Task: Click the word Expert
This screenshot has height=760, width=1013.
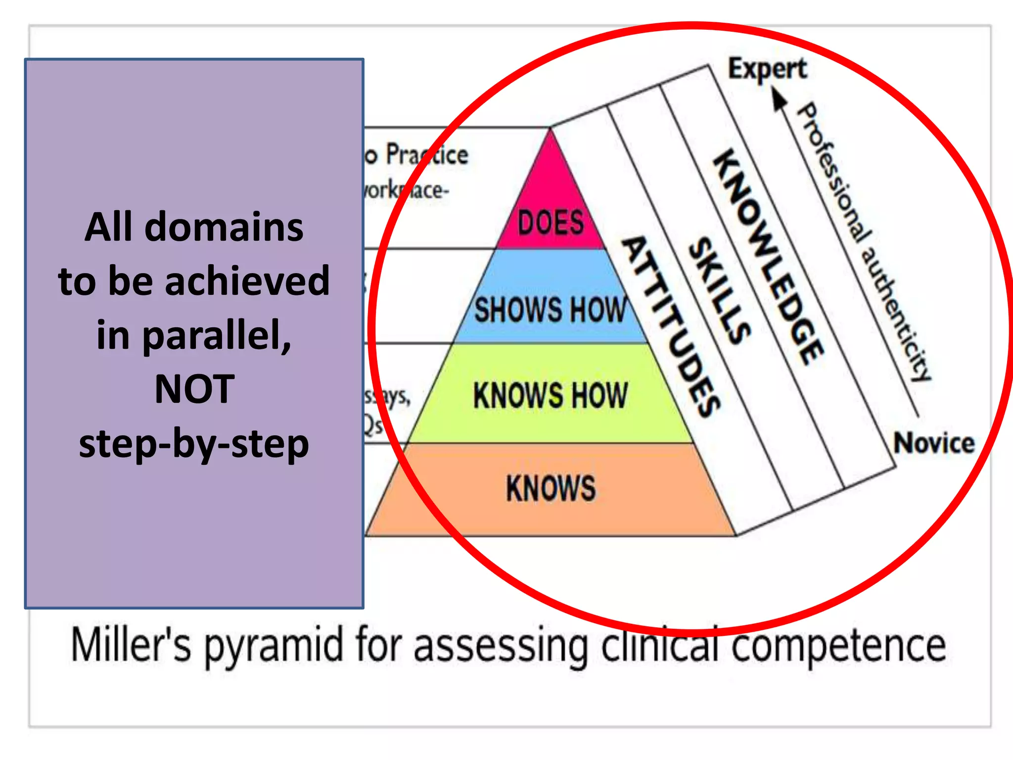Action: tap(767, 69)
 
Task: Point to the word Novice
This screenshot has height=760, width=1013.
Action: tap(933, 443)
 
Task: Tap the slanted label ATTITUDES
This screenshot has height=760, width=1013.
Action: tap(671, 327)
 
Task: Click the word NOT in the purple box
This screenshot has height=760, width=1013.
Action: tap(194, 389)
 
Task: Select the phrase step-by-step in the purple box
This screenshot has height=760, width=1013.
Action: tap(194, 444)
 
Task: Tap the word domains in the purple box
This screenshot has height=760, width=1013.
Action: tap(224, 227)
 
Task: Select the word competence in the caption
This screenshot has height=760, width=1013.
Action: tap(838, 645)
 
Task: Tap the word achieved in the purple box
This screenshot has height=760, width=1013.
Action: tap(247, 281)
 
